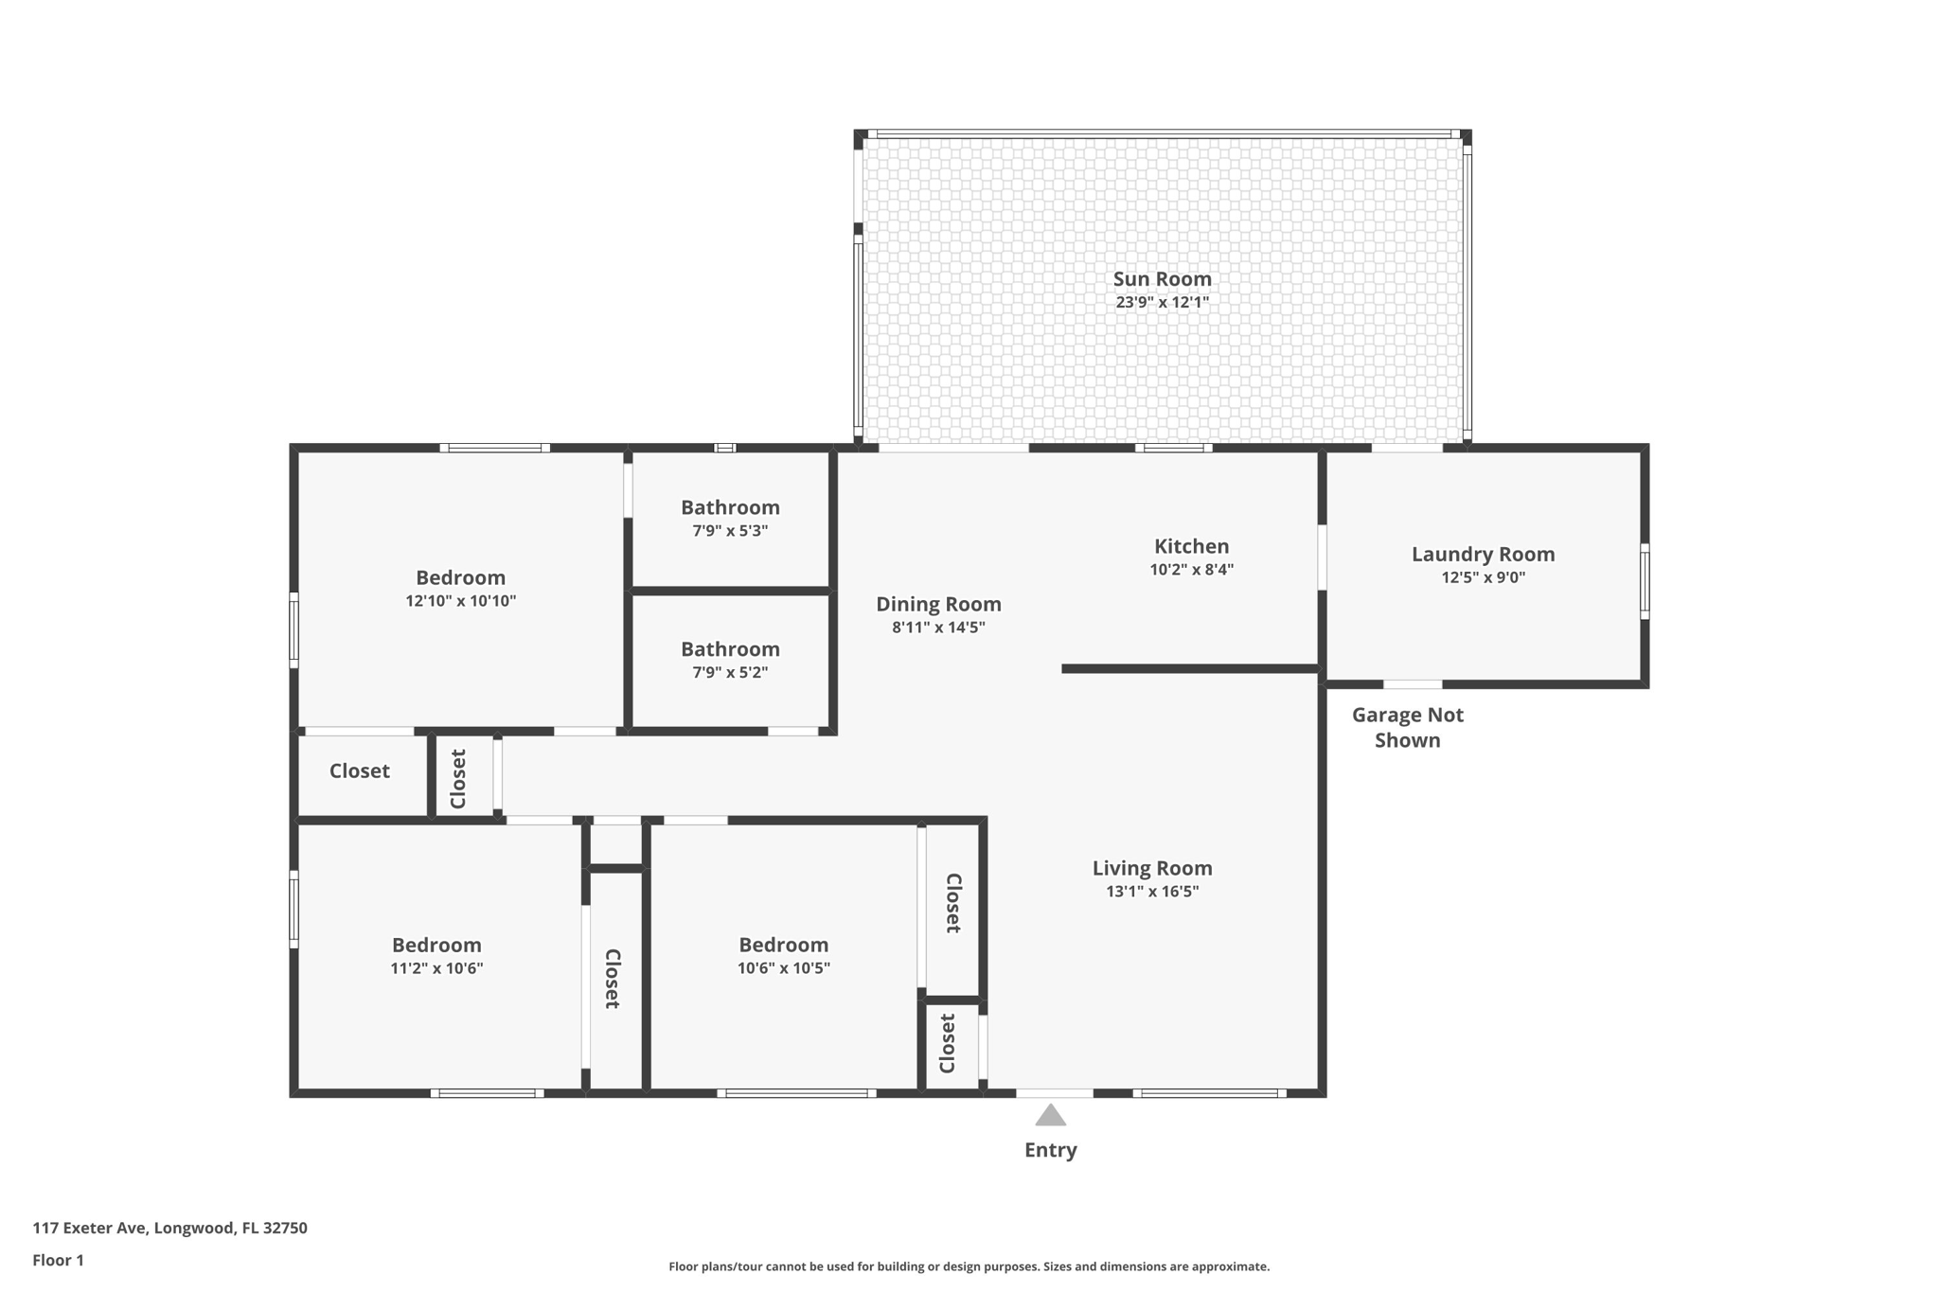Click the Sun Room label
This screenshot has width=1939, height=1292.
(x=1162, y=278)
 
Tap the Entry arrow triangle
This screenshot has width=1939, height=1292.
(x=1050, y=1116)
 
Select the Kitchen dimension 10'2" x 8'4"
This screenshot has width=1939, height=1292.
(x=1191, y=570)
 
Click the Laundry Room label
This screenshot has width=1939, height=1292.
(x=1483, y=554)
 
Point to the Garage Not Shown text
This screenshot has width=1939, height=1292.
(x=1407, y=727)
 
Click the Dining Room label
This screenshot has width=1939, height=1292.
(x=938, y=604)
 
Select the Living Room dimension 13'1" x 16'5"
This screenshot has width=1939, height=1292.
(x=1152, y=892)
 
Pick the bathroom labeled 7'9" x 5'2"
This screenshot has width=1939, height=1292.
(x=730, y=659)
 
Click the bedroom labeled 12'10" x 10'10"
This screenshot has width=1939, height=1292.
(x=460, y=587)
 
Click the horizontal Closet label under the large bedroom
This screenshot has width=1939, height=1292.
(x=359, y=770)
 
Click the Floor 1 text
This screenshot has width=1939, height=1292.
(x=58, y=1260)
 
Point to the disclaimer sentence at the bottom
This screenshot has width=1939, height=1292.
(x=969, y=1266)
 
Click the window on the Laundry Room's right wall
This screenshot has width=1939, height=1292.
(x=1645, y=581)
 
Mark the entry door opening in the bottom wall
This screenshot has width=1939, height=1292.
(x=1054, y=1093)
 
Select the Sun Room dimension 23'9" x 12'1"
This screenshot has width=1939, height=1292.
(x=1162, y=303)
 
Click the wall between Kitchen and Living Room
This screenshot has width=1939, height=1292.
(x=1190, y=668)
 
